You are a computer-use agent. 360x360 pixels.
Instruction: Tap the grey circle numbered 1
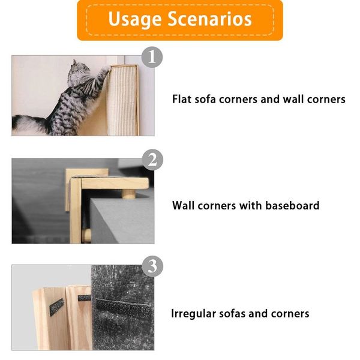pos(152,58)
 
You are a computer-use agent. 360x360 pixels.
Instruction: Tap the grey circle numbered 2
pos(152,160)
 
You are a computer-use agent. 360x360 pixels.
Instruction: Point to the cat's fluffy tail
pos(30,123)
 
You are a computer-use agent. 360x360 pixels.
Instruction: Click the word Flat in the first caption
pos(182,99)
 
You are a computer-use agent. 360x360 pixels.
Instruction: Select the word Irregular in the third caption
pos(194,313)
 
